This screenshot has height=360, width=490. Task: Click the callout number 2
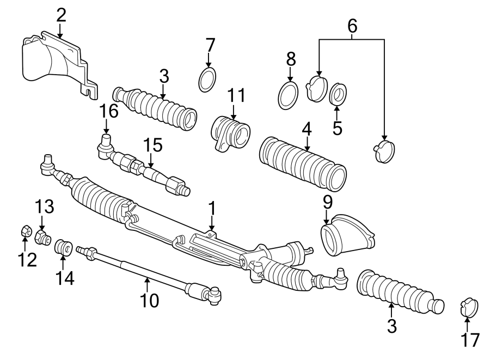point(61,15)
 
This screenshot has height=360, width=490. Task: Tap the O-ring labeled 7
point(207,81)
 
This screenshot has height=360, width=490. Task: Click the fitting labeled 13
point(42,237)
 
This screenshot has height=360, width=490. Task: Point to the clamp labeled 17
point(468,308)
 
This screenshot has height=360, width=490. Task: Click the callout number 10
point(150,300)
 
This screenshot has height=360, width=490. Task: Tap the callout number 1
point(212,208)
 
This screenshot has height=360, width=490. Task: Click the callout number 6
point(352,25)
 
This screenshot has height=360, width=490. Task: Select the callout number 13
point(45,207)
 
